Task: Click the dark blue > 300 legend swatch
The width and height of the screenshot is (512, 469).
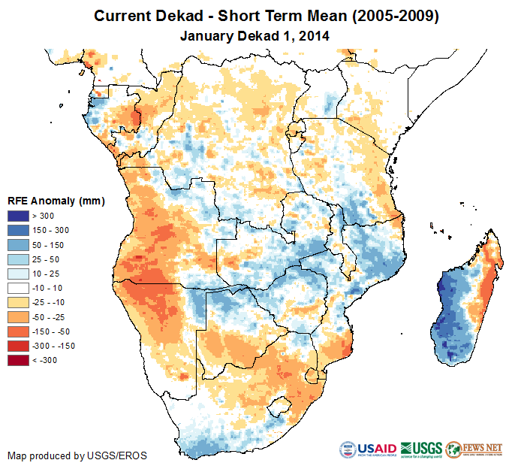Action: [x=19, y=216]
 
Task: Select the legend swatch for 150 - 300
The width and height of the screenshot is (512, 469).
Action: [x=19, y=231]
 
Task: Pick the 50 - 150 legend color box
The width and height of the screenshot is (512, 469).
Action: [x=19, y=245]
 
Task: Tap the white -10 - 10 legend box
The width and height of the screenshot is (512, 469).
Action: [x=19, y=288]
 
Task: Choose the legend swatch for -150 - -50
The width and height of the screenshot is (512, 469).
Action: [x=19, y=331]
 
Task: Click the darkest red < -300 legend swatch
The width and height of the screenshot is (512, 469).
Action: [x=19, y=360]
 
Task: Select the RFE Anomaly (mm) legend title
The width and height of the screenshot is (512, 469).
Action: [x=56, y=201]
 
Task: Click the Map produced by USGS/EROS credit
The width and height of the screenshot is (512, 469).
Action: [x=77, y=455]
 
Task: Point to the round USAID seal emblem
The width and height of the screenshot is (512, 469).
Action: [x=349, y=449]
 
